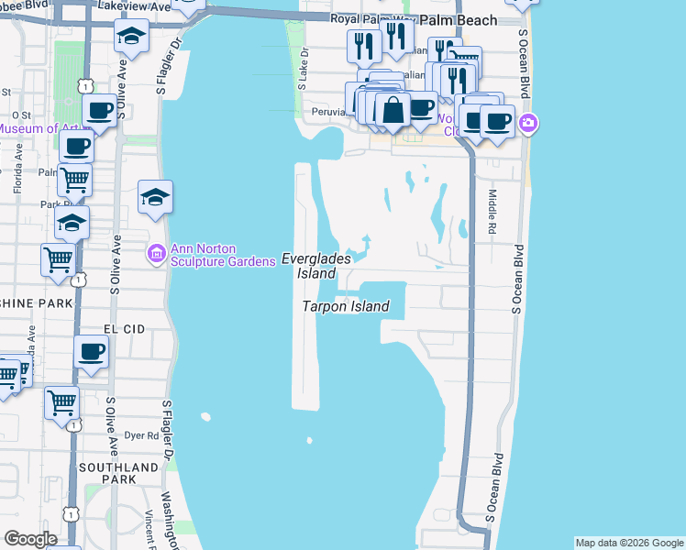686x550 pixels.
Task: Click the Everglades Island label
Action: click(x=309, y=266)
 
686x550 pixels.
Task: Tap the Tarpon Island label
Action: click(x=346, y=307)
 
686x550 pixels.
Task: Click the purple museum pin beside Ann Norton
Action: click(x=156, y=253)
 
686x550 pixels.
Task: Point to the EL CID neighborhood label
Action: click(x=124, y=327)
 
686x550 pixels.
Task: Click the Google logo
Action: click(x=30, y=539)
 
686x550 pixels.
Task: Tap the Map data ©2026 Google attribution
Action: click(x=629, y=543)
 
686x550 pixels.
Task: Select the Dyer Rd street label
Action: click(x=141, y=436)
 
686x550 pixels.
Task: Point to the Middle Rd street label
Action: click(x=492, y=209)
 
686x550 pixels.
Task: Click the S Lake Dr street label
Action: click(x=302, y=73)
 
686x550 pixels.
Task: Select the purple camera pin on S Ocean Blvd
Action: click(x=528, y=123)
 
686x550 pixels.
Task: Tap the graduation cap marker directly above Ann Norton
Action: click(x=155, y=196)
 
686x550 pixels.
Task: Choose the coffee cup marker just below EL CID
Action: click(x=92, y=351)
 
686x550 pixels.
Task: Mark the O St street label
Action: click(x=21, y=115)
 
